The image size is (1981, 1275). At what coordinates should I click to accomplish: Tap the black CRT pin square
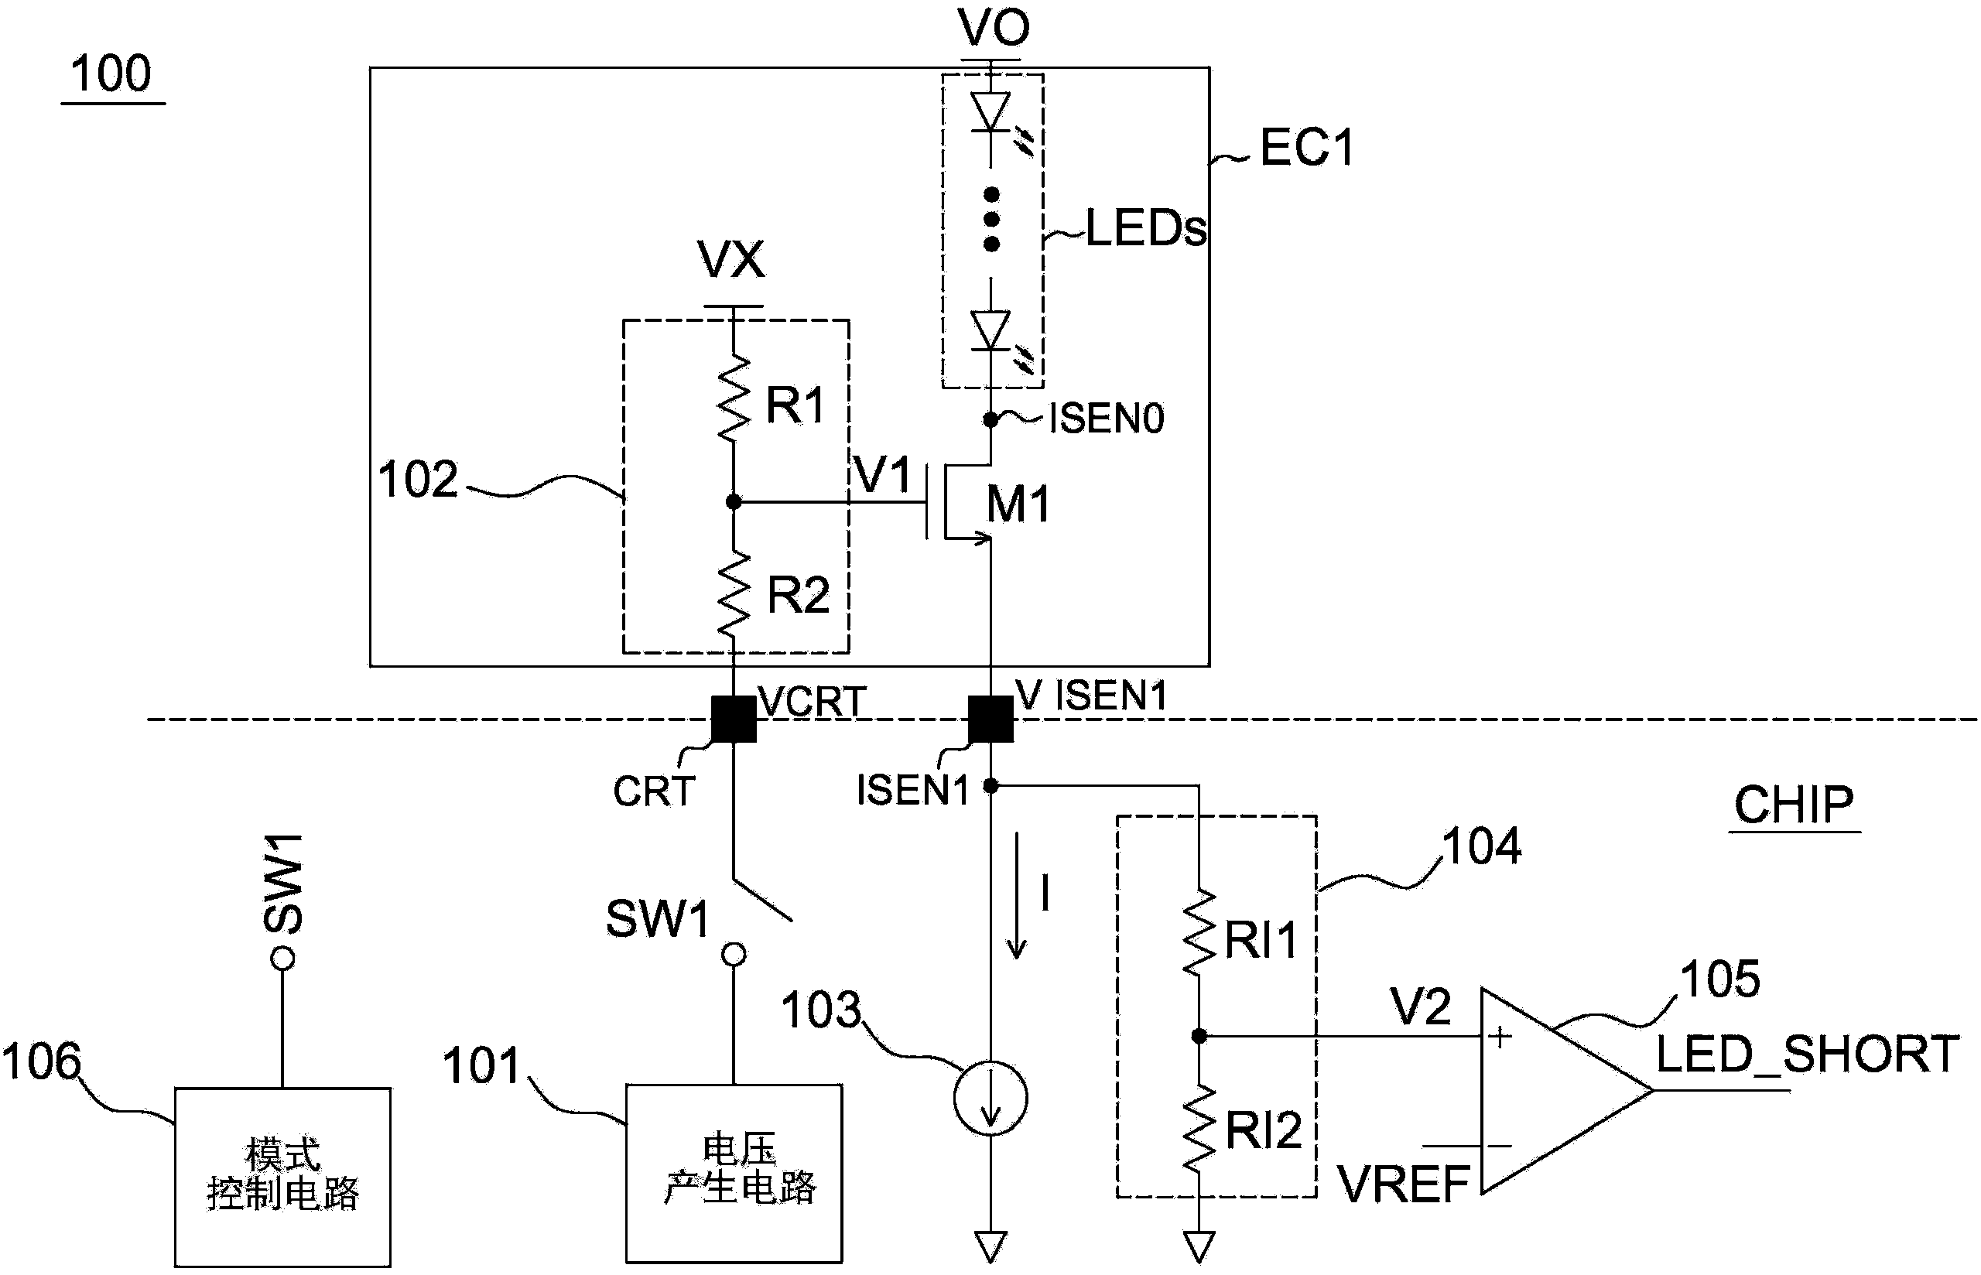click(734, 719)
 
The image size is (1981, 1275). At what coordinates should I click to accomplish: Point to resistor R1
click(734, 399)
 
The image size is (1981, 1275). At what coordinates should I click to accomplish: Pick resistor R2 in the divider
click(734, 594)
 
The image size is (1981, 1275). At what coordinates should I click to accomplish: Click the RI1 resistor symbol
click(1199, 934)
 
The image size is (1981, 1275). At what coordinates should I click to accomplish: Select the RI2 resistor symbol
click(1199, 1128)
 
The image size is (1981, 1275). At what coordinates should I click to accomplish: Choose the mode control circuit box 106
click(282, 1176)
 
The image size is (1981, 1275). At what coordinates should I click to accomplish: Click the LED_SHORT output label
click(1806, 1054)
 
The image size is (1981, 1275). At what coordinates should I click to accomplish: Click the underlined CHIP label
click(1793, 805)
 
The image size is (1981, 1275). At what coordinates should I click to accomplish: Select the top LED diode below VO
click(991, 111)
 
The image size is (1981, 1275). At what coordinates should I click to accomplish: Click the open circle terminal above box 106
click(282, 959)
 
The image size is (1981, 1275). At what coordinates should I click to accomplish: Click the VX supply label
click(732, 260)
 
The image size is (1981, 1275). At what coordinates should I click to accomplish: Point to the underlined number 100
click(111, 74)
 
